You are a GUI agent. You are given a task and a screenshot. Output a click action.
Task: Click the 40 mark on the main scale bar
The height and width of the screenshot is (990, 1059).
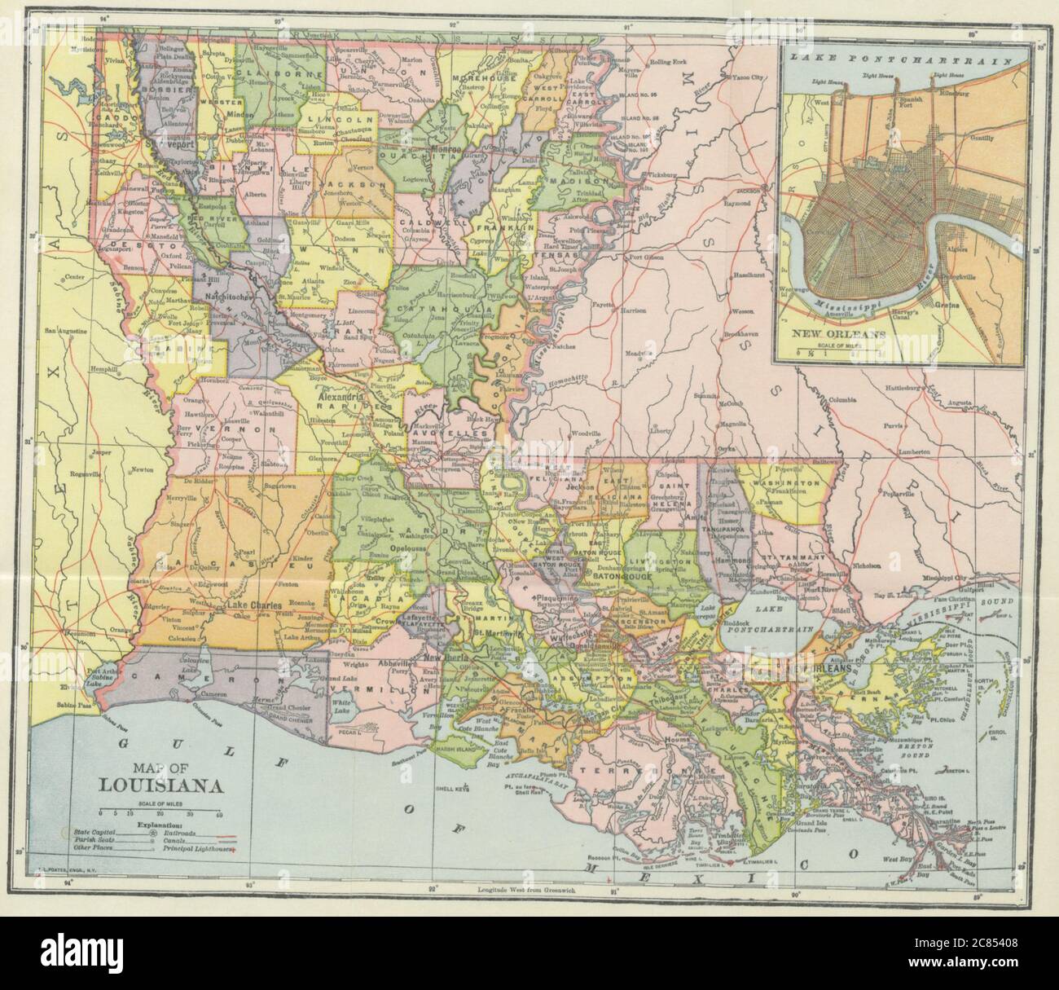pyautogui.click(x=219, y=814)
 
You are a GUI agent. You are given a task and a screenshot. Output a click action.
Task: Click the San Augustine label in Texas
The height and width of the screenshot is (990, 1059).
pyautogui.click(x=65, y=332)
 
